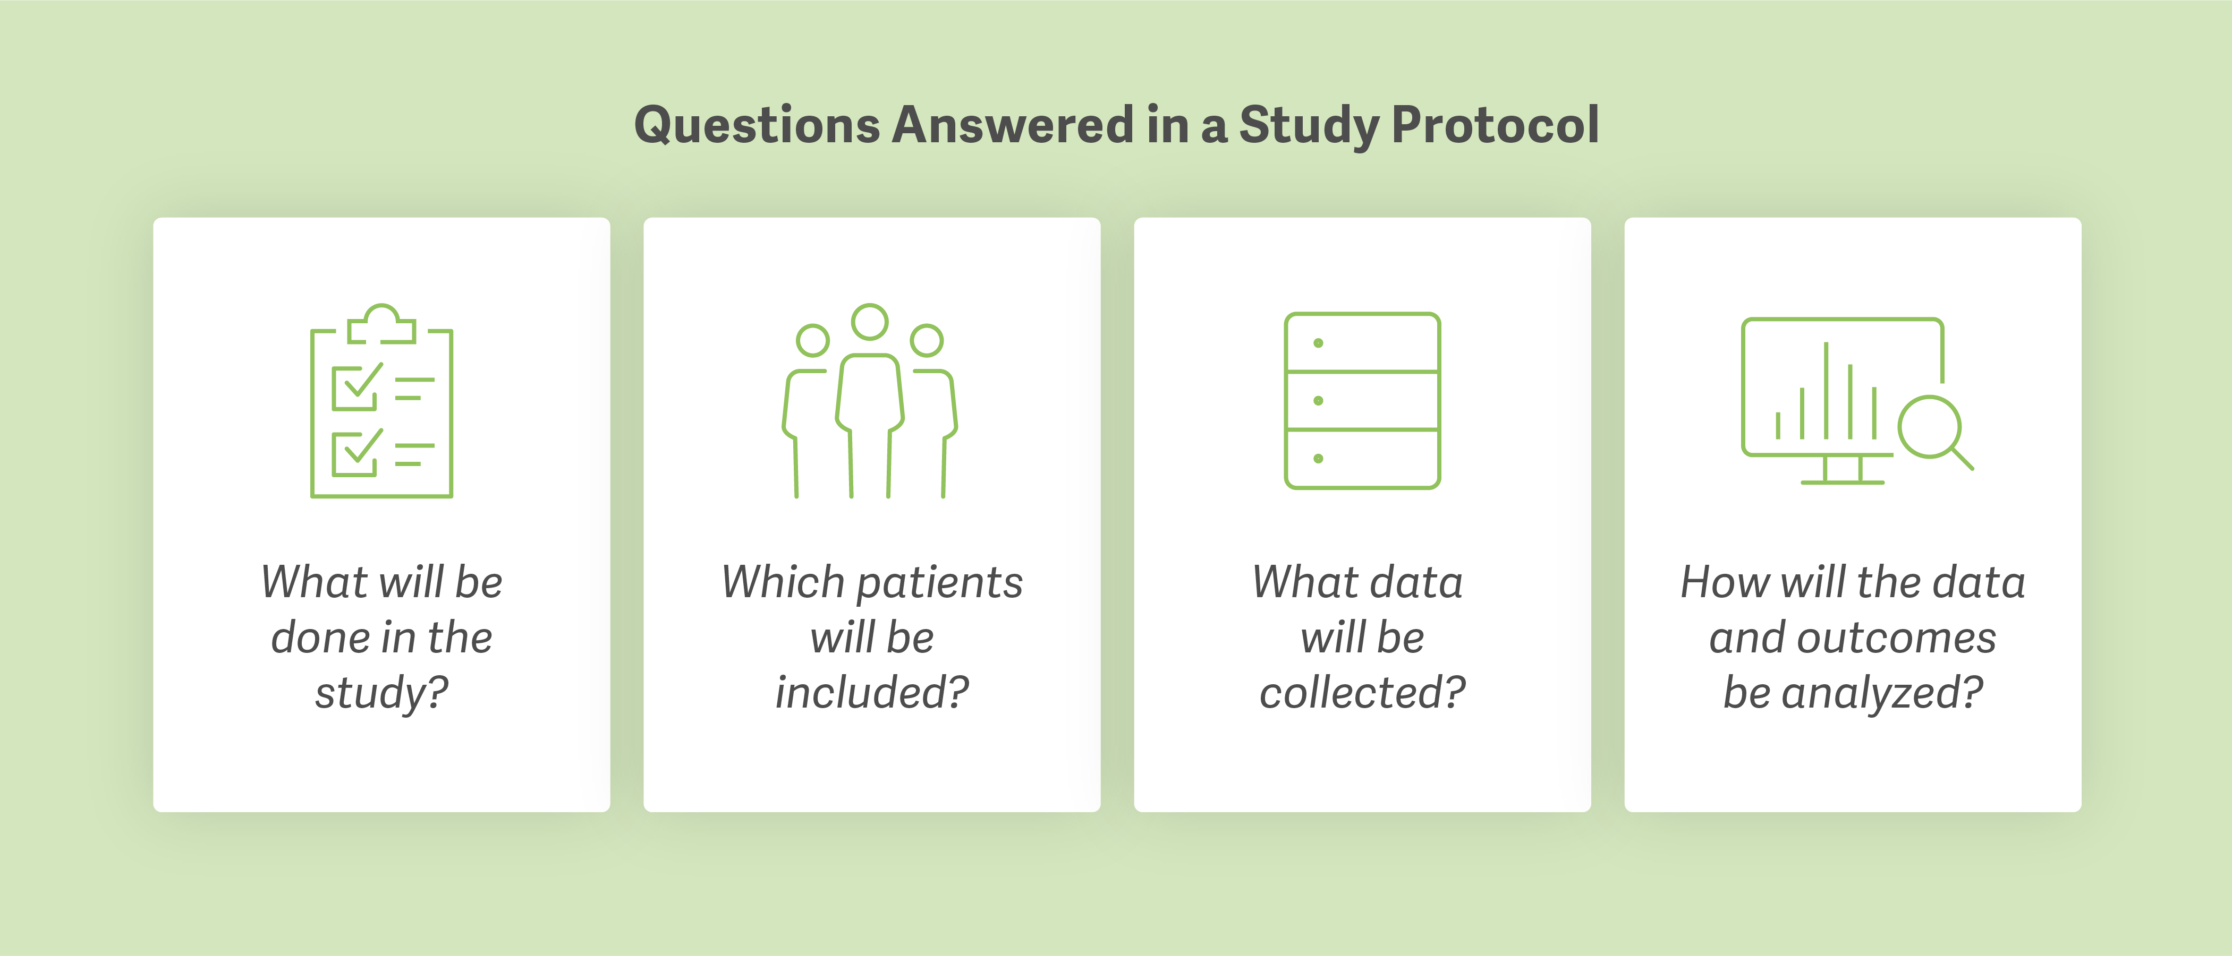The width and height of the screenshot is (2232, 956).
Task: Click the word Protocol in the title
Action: (1495, 126)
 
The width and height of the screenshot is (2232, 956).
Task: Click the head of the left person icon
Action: (813, 340)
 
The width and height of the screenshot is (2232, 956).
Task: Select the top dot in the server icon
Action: (1318, 343)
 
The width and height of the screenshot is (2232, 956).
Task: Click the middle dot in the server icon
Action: (1318, 401)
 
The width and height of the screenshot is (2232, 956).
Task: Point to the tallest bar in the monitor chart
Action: (1826, 390)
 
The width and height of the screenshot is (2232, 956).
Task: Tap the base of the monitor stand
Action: (1842, 481)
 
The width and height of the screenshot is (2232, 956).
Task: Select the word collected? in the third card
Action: (1362, 693)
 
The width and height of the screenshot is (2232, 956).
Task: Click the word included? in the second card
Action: (872, 693)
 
